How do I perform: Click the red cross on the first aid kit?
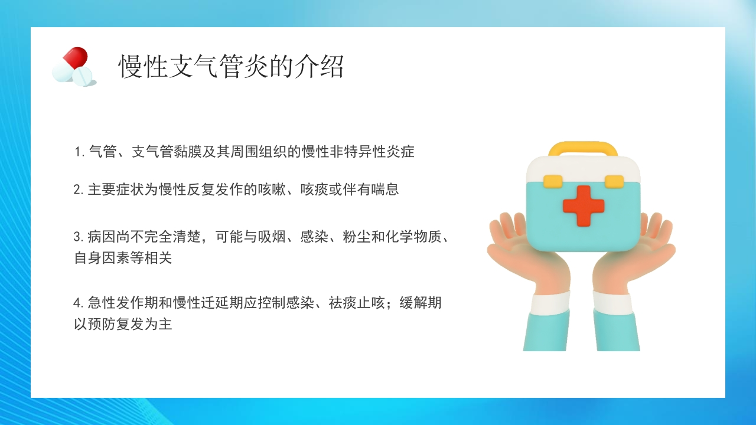584,206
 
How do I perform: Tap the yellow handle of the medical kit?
583,148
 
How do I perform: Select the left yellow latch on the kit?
553,181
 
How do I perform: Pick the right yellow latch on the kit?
614,181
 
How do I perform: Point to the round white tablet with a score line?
82,76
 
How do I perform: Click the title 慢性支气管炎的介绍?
231,67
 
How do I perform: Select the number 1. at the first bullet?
79,152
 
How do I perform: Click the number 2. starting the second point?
79,189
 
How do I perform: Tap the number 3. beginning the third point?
79,237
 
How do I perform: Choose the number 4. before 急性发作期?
79,303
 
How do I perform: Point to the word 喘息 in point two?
385,189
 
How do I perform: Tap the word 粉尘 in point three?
357,237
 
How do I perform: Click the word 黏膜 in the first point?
188,152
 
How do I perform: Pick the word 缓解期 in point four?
421,303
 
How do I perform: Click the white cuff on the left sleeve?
550,303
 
